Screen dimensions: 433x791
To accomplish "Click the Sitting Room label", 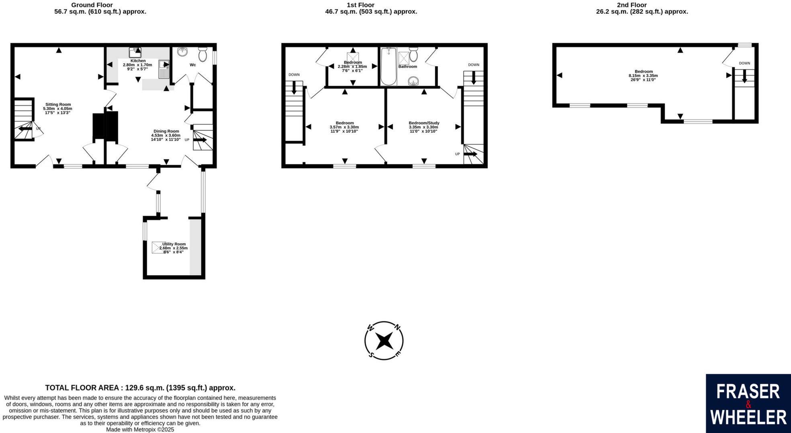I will point(58,104).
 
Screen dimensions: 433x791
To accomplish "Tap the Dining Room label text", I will point(166,131).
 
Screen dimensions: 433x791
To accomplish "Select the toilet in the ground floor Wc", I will point(202,55).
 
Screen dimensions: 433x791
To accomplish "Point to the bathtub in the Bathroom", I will point(388,67).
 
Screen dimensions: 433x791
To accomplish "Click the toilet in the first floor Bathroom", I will point(413,54).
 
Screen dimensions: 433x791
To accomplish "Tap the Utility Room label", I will point(174,244).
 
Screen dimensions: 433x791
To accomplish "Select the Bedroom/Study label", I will point(424,123).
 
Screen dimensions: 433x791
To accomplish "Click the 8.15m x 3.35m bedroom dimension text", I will point(643,75).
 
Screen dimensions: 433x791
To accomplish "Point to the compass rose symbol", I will point(384,341).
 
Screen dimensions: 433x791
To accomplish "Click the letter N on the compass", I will point(397,327).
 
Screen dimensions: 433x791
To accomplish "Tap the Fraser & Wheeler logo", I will point(748,403).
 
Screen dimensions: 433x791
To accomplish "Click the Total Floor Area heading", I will point(140,388).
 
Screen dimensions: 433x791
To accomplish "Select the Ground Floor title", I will point(92,5).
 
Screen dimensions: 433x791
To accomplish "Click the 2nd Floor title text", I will point(632,5).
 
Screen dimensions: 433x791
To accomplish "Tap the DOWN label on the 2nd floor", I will point(744,63).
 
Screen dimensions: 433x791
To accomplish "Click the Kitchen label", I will point(138,61).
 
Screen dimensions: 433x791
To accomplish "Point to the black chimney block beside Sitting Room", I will point(105,126).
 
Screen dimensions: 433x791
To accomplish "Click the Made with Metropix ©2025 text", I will point(140,429).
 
